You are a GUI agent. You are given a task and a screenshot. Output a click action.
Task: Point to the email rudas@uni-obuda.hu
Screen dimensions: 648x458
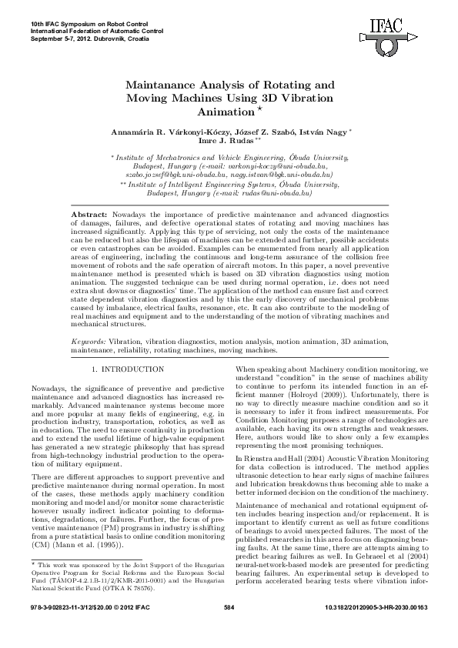274,195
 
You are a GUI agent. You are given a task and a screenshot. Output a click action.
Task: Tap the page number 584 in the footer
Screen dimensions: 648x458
229,630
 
